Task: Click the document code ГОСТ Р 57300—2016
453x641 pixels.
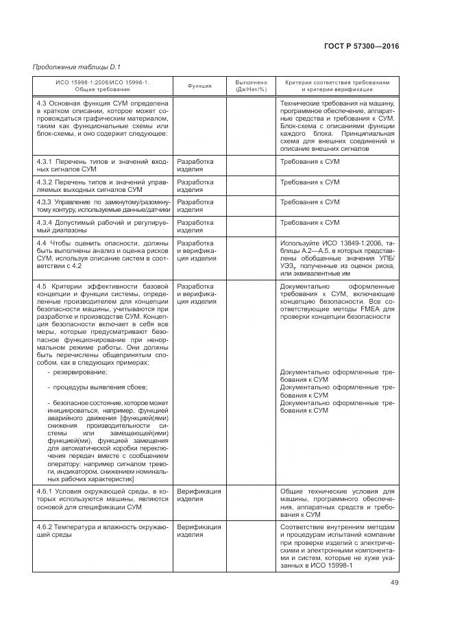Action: [360, 46]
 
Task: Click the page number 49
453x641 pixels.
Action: [394, 583]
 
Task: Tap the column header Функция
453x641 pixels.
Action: [199, 86]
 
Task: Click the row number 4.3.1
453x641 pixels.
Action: [45, 162]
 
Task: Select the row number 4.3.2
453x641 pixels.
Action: [45, 182]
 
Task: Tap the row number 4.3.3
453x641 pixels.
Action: [45, 202]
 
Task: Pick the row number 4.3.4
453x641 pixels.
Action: [45, 223]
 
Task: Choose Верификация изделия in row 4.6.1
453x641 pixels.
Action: [199, 495]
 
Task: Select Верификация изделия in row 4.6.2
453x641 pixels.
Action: [199, 531]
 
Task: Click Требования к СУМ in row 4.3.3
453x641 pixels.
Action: [310, 202]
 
